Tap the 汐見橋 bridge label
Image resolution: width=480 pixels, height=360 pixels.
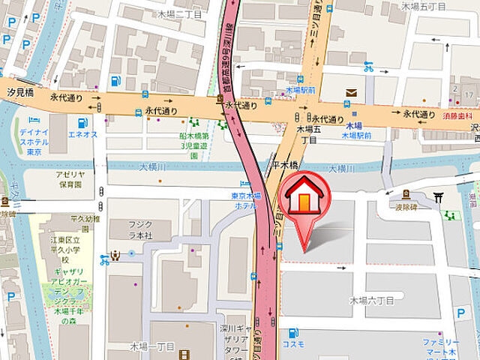(x=19, y=91)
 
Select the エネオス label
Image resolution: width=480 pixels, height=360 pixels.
(x=83, y=134)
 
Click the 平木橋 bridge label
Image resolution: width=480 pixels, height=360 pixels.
(x=285, y=164)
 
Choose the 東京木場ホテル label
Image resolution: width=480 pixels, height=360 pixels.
(x=245, y=200)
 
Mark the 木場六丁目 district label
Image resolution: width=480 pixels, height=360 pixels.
(x=371, y=300)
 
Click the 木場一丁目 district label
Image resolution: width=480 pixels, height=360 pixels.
(x=153, y=346)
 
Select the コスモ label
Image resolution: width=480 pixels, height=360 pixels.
(x=294, y=343)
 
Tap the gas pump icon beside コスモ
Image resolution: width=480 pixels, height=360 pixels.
(x=293, y=332)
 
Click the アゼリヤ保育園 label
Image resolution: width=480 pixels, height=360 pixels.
(x=68, y=178)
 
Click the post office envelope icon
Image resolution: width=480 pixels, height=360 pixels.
(x=350, y=92)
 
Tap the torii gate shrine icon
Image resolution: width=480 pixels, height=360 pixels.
(x=439, y=197)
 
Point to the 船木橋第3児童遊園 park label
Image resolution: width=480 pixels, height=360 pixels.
(x=193, y=145)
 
